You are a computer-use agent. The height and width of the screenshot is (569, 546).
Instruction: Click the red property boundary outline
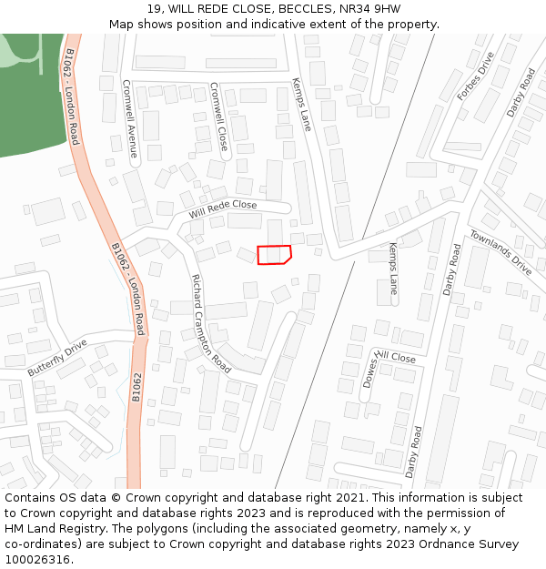[x=274, y=255]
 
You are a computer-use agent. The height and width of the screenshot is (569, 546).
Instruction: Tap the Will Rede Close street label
[x=223, y=209]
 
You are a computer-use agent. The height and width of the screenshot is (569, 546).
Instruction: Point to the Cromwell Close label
[x=219, y=116]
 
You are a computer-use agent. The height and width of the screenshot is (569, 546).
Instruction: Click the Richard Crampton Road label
[x=210, y=323]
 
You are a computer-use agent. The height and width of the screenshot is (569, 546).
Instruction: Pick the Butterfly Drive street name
[x=56, y=358]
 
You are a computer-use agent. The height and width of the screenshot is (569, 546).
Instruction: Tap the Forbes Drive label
[x=475, y=76]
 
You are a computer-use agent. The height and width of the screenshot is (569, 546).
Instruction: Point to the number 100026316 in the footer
[x=37, y=560]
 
